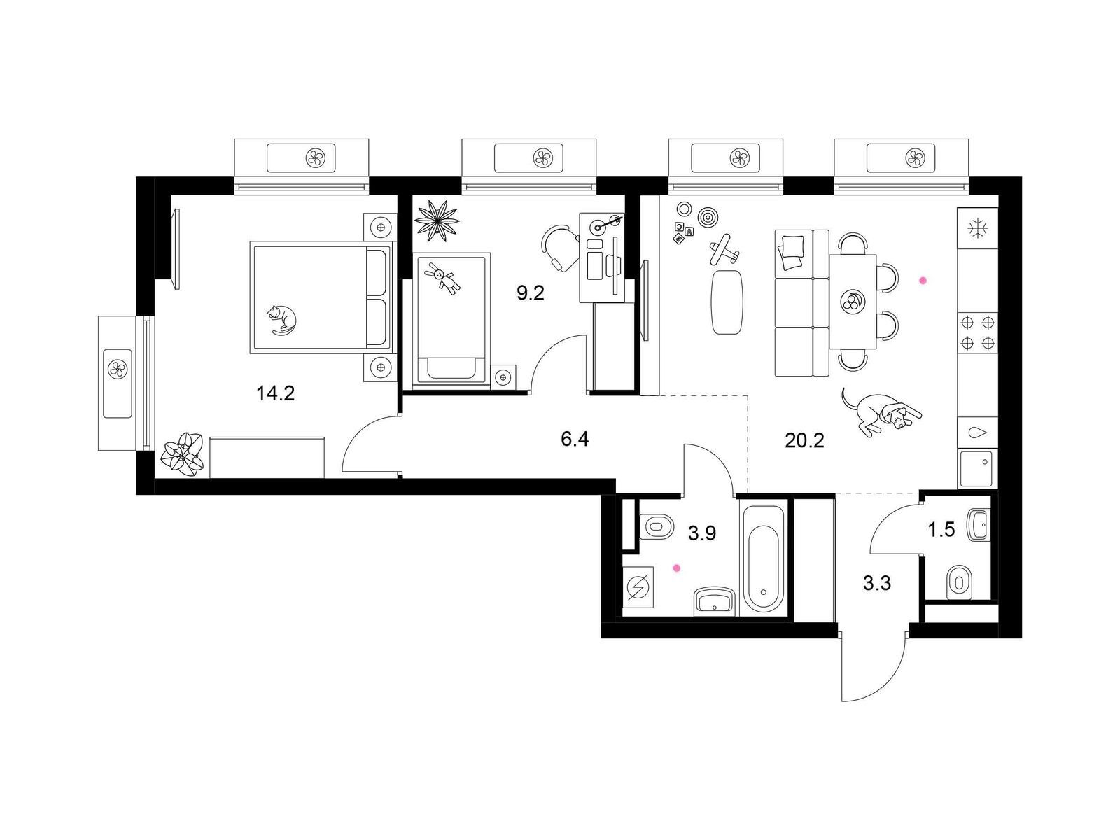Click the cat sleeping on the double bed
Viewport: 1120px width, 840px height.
click(x=281, y=319)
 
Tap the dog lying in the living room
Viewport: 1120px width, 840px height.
click(x=880, y=412)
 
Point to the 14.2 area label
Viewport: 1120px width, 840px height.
click(x=276, y=393)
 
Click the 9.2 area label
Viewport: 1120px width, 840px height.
click(x=531, y=293)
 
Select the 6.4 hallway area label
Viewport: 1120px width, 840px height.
click(x=575, y=439)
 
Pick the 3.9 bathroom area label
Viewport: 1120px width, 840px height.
click(x=702, y=533)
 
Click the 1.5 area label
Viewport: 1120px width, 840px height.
click(x=941, y=530)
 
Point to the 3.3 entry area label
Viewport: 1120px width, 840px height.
click(x=877, y=582)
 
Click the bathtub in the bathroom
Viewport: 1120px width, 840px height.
click(x=763, y=560)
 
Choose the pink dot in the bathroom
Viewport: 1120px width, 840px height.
click(x=677, y=568)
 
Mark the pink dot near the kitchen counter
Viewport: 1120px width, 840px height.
click(x=923, y=281)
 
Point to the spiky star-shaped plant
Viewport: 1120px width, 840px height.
click(x=437, y=220)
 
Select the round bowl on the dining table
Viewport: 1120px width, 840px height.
click(x=852, y=302)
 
